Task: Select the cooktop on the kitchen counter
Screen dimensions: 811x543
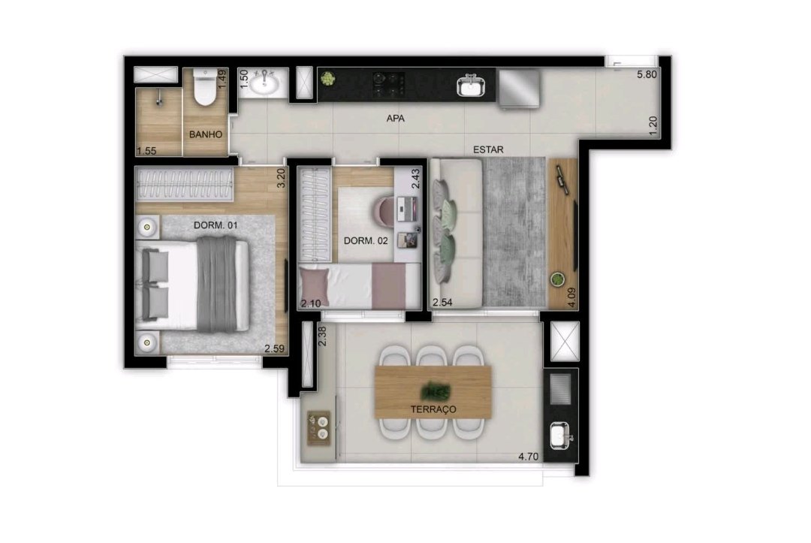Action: click(x=389, y=84)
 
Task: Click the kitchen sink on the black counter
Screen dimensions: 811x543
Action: click(x=471, y=86)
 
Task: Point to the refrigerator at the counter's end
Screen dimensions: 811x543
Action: click(x=519, y=89)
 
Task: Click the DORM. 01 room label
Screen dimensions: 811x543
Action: click(x=216, y=225)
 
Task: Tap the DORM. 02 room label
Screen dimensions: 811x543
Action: click(x=366, y=241)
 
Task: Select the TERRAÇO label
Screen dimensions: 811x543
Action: click(x=433, y=409)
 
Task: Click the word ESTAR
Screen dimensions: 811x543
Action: click(x=488, y=149)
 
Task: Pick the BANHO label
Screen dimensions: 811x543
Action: click(x=205, y=134)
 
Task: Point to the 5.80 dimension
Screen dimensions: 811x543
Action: click(x=647, y=74)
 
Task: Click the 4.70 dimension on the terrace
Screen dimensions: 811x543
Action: click(x=529, y=457)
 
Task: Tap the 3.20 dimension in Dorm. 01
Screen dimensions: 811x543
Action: click(x=282, y=178)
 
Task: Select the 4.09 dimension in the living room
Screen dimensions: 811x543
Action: click(x=571, y=297)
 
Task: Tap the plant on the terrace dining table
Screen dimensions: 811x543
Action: click(x=435, y=391)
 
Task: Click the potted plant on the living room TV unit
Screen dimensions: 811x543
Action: click(x=557, y=280)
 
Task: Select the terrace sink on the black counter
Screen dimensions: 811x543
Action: click(x=559, y=436)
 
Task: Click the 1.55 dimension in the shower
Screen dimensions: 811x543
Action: click(x=146, y=151)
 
